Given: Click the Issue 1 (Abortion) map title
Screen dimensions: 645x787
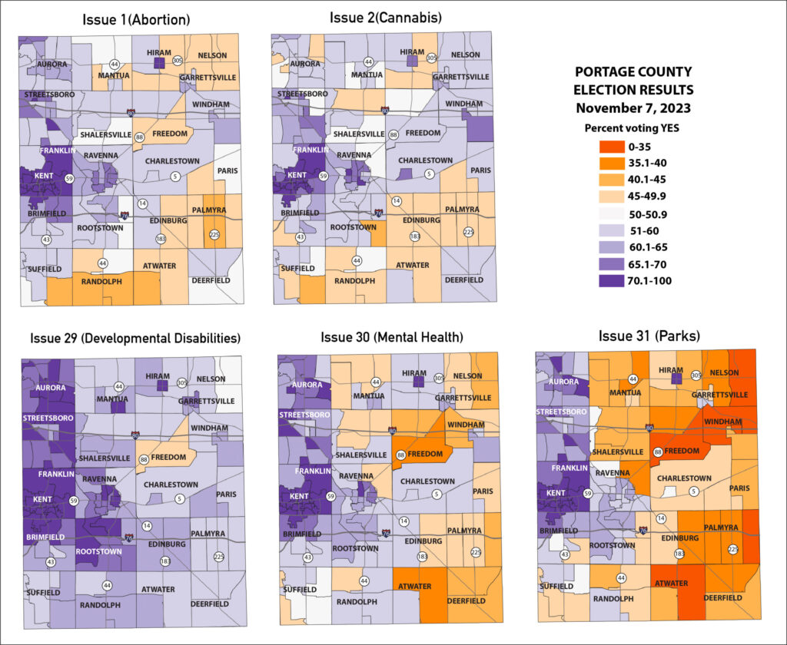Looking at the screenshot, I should [136, 18].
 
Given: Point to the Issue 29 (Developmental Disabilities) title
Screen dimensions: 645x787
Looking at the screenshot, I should [135, 337].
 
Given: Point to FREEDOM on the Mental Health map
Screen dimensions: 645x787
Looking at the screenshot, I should [424, 454].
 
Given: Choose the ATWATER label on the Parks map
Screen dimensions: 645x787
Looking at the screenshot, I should [671, 584].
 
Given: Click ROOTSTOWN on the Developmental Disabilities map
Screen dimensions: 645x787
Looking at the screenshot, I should [101, 551].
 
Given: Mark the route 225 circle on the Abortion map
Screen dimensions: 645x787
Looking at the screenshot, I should [214, 235].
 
